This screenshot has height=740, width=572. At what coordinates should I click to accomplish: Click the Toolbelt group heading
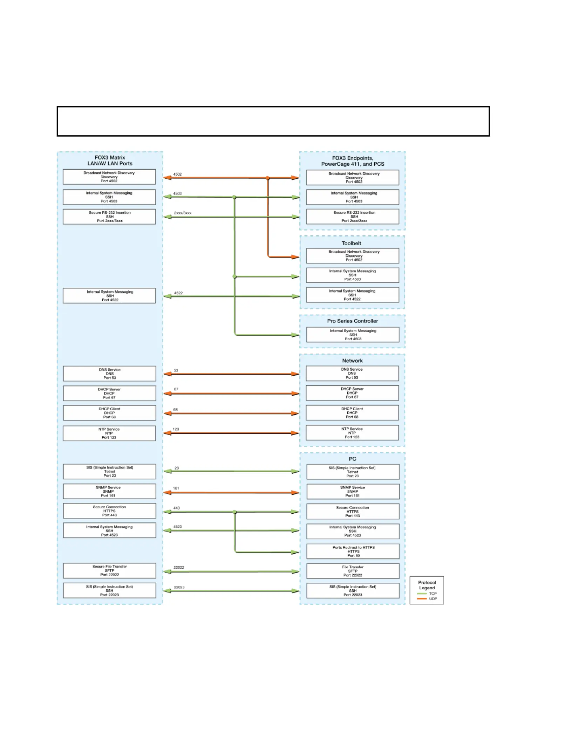[351, 243]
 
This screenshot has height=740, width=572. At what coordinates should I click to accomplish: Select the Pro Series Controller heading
[353, 321]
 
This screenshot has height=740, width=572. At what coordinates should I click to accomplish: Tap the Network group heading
[353, 361]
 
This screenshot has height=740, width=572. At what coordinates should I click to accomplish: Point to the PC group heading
[353, 459]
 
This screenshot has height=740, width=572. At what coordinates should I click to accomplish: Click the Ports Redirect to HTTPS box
[353, 551]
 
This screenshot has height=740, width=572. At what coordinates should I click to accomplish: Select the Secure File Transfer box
[109, 570]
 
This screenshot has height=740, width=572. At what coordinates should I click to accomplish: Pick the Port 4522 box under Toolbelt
[353, 295]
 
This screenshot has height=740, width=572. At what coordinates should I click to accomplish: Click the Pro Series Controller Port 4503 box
[353, 335]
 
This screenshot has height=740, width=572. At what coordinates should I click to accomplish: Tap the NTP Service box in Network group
[352, 433]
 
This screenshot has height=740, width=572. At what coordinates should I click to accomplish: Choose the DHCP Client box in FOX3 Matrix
[109, 413]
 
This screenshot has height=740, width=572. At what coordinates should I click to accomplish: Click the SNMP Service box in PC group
[353, 492]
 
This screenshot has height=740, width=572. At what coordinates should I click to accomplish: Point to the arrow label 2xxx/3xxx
[183, 213]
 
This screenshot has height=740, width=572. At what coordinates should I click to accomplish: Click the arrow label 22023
[179, 587]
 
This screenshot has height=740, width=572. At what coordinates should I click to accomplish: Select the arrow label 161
[176, 488]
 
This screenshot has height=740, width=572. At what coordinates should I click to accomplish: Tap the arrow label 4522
[178, 293]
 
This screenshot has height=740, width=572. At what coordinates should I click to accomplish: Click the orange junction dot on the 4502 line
[267, 178]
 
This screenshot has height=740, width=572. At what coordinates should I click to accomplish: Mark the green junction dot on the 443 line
[234, 512]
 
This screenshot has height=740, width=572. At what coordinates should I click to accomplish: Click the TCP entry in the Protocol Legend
[427, 594]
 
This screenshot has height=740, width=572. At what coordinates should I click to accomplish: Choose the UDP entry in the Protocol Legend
[427, 599]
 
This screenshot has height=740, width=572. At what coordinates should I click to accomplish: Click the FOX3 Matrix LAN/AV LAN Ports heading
[110, 160]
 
